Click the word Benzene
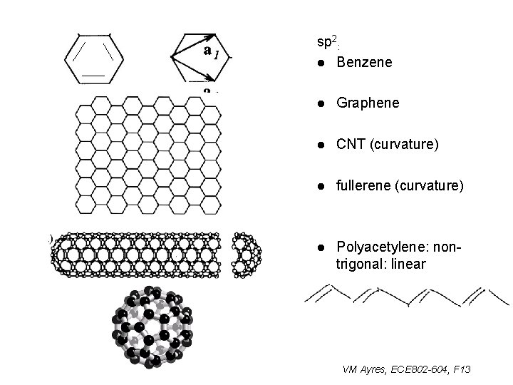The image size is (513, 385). coord(364,63)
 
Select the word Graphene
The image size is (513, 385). coord(368,103)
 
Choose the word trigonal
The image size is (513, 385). coord(359,264)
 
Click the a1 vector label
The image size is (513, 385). coord(212,51)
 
